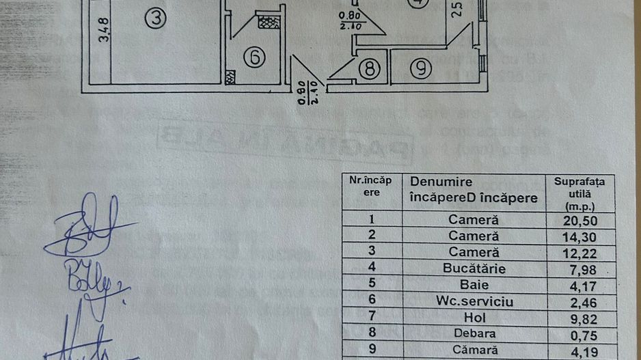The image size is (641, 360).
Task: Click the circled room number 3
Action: pyautogui.click(x=156, y=19)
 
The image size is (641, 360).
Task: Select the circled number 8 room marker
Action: pyautogui.click(x=369, y=68)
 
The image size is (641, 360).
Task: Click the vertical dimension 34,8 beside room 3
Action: pyautogui.click(x=104, y=31)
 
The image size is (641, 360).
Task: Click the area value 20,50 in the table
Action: pyautogui.click(x=579, y=220)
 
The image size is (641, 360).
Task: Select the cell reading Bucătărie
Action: pyautogui.click(x=474, y=268)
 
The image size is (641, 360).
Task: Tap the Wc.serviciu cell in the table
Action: pyautogui.click(x=474, y=301)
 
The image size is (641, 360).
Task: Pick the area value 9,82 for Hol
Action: pyautogui.click(x=579, y=318)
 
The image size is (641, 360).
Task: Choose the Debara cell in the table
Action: pyautogui.click(x=474, y=334)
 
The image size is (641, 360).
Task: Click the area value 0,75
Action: pyautogui.click(x=579, y=334)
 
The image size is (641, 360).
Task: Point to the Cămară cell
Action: pyautogui.click(x=474, y=350)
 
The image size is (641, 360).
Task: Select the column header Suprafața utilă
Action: pyautogui.click(x=579, y=194)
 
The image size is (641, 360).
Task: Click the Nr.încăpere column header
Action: pyautogui.click(x=371, y=186)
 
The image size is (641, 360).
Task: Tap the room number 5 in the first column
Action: pyautogui.click(x=372, y=285)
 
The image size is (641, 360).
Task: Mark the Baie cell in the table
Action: pyautogui.click(x=474, y=285)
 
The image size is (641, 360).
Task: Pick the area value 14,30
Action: pyautogui.click(x=579, y=236)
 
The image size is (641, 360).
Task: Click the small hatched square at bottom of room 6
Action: pyautogui.click(x=230, y=76)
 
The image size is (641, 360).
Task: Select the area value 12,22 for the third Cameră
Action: pyautogui.click(x=579, y=252)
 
